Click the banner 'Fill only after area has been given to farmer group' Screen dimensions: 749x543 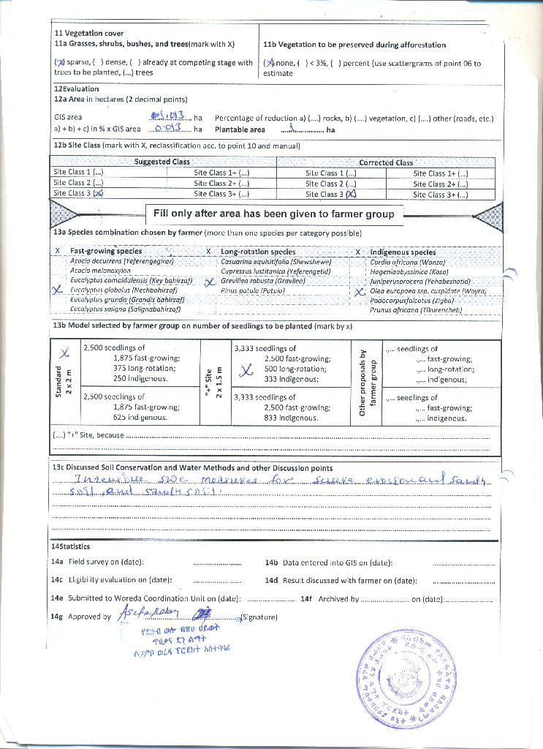click(x=274, y=214)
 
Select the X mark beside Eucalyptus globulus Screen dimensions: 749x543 click(x=58, y=290)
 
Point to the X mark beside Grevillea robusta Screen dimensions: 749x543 click(x=209, y=282)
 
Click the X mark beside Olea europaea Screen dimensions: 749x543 click(x=359, y=291)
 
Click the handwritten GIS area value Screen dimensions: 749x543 click(x=168, y=116)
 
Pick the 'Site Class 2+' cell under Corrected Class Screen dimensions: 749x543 click(x=440, y=184)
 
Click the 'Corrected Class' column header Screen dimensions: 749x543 click(x=386, y=162)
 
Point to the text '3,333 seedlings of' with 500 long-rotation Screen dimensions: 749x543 click(x=265, y=348)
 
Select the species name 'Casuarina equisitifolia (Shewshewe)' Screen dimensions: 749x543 click(x=276, y=261)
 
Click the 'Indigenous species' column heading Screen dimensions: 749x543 click(x=403, y=252)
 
